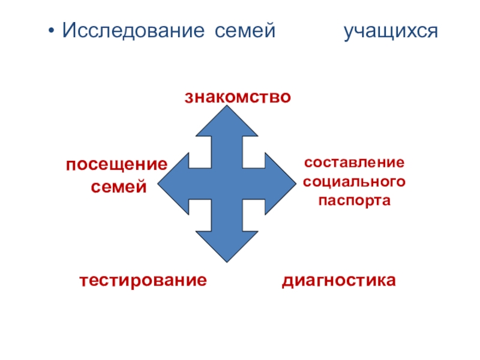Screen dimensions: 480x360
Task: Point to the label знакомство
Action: tap(238, 96)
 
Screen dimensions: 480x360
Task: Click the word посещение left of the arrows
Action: tap(117, 164)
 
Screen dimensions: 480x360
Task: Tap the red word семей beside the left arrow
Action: tap(119, 187)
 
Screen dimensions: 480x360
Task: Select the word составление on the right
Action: tap(354, 163)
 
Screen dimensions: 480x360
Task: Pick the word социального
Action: tap(354, 181)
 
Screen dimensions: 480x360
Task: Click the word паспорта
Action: tap(354, 200)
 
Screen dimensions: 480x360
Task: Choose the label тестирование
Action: tap(143, 280)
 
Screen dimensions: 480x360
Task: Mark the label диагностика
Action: tap(339, 280)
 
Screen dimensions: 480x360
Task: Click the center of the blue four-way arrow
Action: tap(227, 183)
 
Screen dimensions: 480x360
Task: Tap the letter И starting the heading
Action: tap(69, 29)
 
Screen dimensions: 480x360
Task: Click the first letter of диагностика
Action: tap(286, 280)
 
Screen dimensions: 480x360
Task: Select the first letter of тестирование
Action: tap(83, 280)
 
